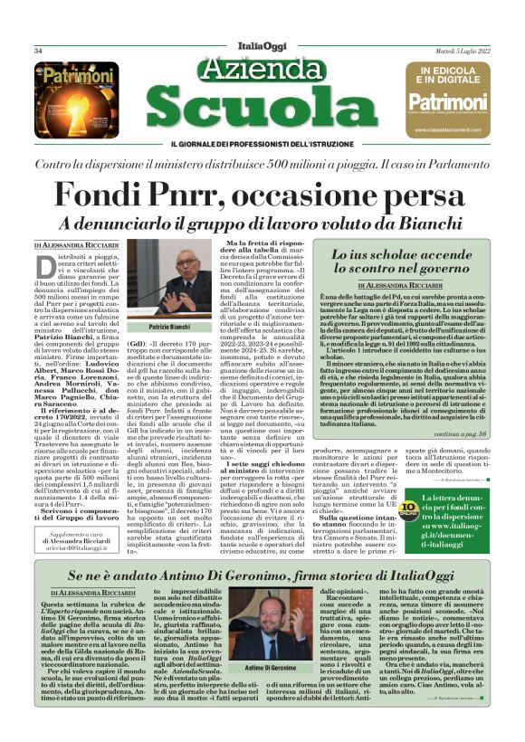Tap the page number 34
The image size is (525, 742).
[x=39, y=51]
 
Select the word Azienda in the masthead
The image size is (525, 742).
[x=262, y=70]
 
